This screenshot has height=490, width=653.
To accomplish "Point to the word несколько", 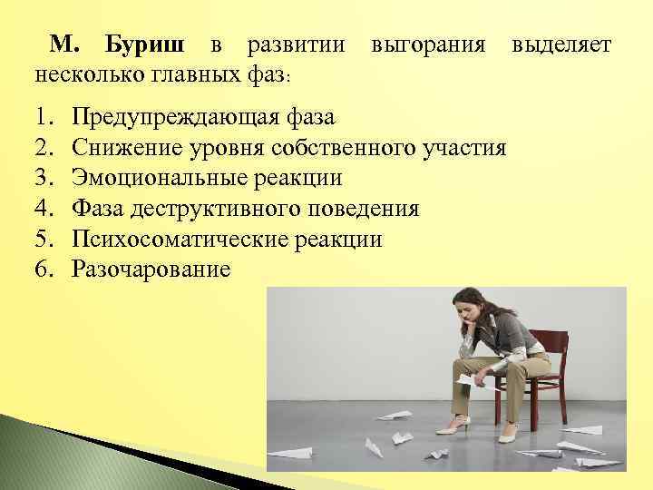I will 86,72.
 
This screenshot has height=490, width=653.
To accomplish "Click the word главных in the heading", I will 200,72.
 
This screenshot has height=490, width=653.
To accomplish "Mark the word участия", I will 463,148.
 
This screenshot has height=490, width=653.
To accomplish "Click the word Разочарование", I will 151,269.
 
